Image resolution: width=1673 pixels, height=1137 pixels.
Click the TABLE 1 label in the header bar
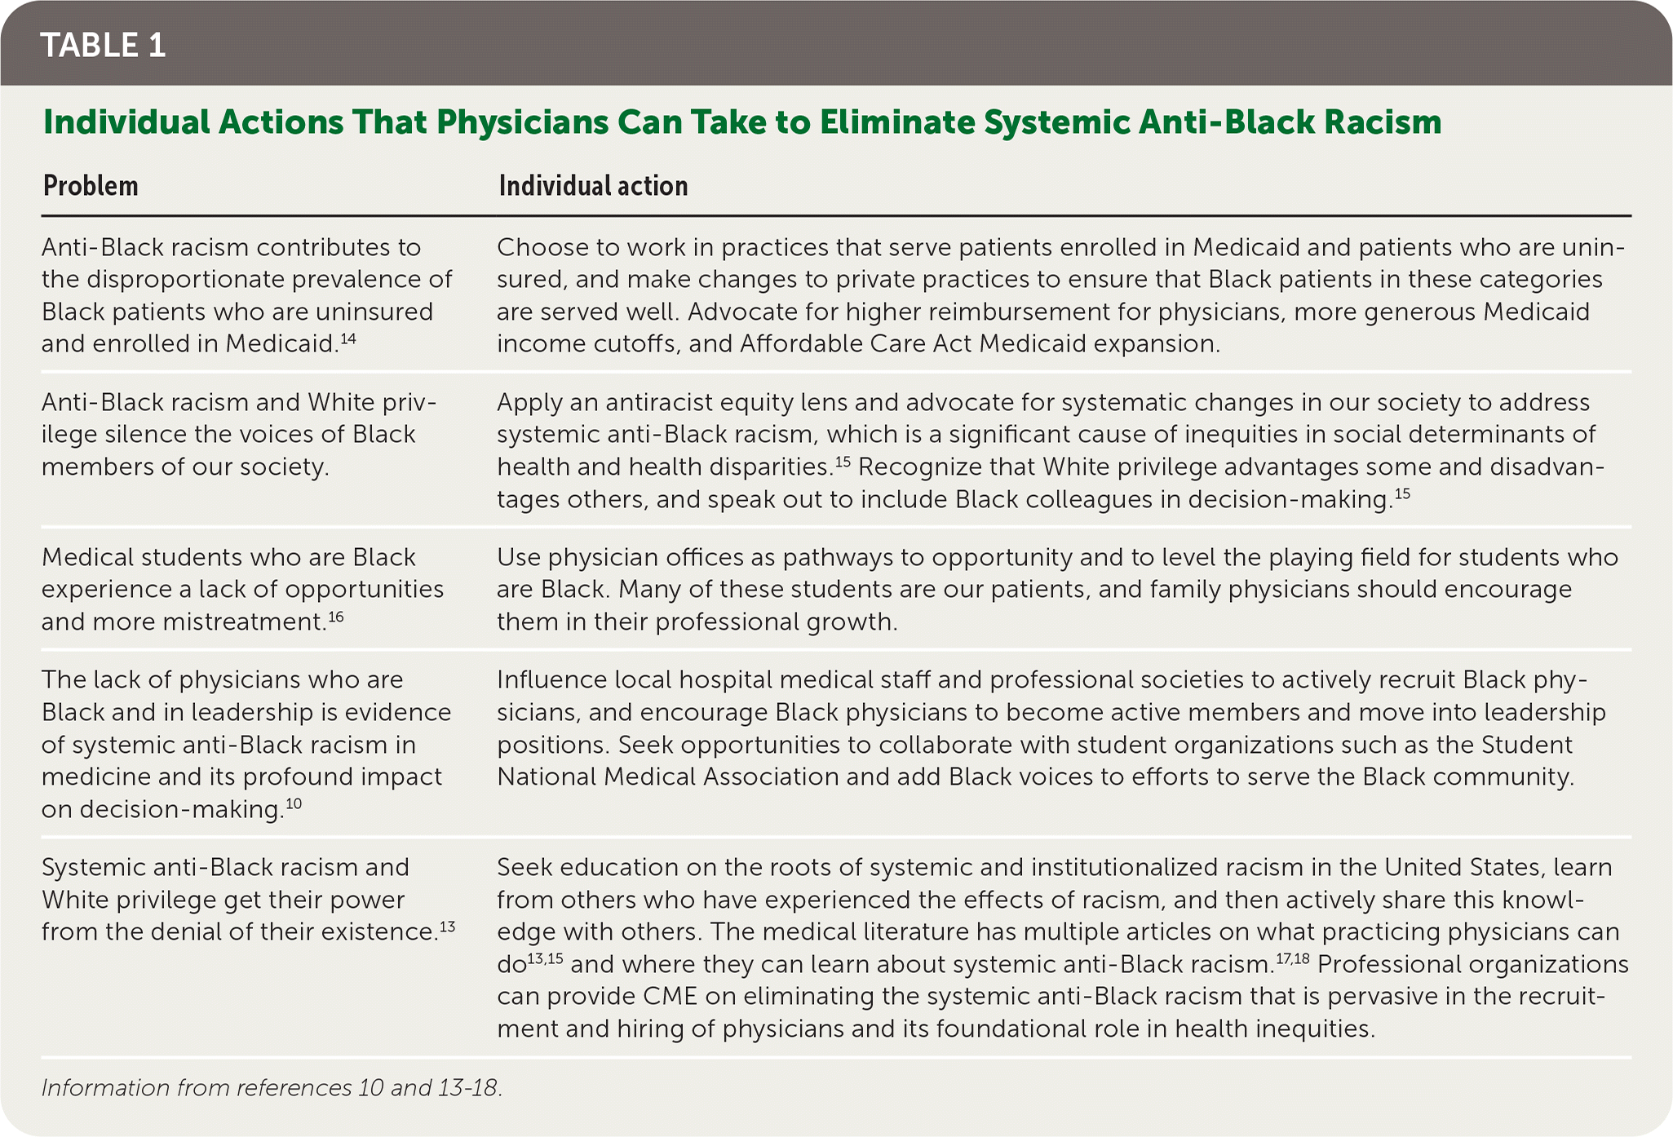103,46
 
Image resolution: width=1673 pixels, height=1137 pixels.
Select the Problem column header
90,186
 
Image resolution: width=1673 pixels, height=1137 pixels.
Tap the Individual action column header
593,186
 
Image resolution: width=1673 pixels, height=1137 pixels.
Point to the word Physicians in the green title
521,122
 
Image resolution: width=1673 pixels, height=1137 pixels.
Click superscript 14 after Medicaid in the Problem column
347,338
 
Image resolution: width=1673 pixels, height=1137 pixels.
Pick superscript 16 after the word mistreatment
336,616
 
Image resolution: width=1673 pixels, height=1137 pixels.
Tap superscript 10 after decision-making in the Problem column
294,803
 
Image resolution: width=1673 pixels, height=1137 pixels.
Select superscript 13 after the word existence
447,926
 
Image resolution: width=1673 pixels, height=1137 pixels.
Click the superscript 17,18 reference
1292,958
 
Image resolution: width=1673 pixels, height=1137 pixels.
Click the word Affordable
800,344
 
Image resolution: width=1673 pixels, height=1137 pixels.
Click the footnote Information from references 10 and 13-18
272,1088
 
